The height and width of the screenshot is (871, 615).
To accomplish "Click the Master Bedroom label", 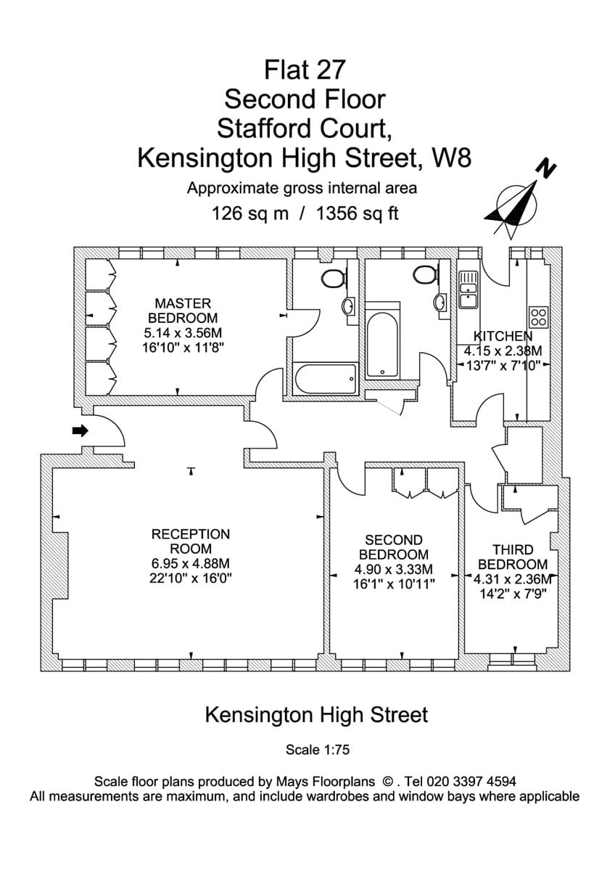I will pyautogui.click(x=183, y=311).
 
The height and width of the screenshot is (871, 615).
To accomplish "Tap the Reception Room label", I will pyautogui.click(x=190, y=541).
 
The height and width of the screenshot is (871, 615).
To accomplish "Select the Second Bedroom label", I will pyautogui.click(x=394, y=547).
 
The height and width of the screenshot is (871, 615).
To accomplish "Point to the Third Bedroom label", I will pyautogui.click(x=512, y=557).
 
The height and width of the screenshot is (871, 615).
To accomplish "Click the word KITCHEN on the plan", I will pyautogui.click(x=503, y=336).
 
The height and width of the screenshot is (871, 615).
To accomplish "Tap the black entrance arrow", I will pyautogui.click(x=80, y=430).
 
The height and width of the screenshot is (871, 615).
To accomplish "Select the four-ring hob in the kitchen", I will pyautogui.click(x=538, y=316).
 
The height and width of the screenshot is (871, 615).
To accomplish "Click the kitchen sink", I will pyautogui.click(x=468, y=286).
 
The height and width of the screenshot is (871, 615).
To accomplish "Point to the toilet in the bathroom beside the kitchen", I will pyautogui.click(x=424, y=274).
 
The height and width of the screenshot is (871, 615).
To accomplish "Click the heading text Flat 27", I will pyautogui.click(x=305, y=70).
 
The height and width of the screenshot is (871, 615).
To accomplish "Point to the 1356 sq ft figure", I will pyautogui.click(x=359, y=214).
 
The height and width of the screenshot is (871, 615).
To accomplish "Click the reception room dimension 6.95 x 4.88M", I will pyautogui.click(x=190, y=564).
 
